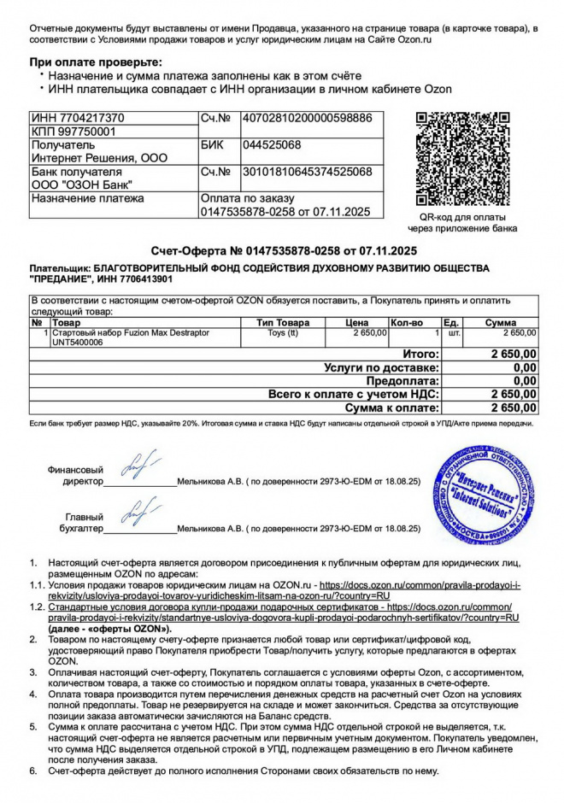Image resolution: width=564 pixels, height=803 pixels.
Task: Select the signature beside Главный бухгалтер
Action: click(x=138, y=512)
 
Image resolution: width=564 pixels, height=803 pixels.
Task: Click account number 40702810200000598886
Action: click(x=307, y=118)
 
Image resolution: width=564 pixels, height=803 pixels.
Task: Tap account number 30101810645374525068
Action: click(x=307, y=173)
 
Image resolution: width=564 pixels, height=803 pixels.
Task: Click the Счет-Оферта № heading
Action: click(x=283, y=251)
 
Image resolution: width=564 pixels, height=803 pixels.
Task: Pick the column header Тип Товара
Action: click(x=283, y=323)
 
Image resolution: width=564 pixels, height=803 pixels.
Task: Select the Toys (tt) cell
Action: click(x=283, y=332)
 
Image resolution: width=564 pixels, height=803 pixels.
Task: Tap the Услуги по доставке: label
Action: click(x=382, y=367)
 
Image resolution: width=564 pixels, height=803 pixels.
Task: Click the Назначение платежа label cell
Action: click(x=87, y=199)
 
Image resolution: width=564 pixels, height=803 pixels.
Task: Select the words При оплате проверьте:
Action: click(x=95, y=62)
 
